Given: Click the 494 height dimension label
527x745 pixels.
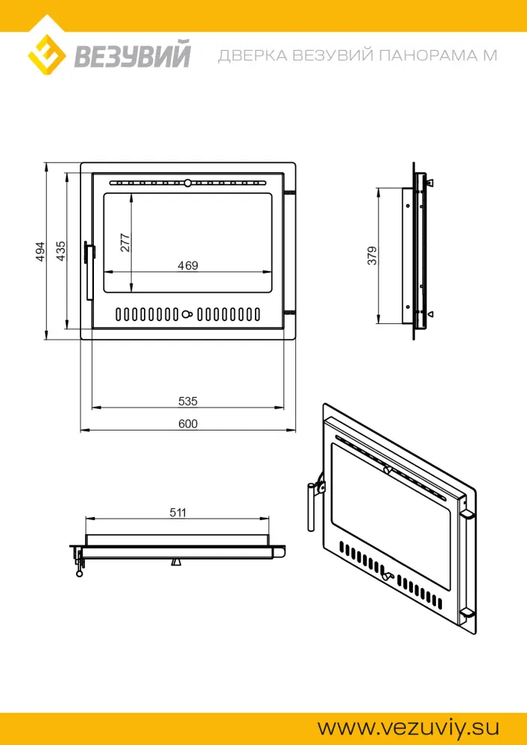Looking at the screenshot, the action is (40, 252).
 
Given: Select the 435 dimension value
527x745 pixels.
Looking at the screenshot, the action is (61, 251).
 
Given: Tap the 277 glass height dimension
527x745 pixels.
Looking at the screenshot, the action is (125, 243).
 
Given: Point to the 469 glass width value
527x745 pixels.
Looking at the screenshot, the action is (188, 266).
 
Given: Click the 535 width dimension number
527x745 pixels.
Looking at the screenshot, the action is (188, 402).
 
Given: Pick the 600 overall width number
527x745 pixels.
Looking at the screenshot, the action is (188, 424).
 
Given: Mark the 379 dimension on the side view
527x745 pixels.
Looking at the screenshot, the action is (372, 256).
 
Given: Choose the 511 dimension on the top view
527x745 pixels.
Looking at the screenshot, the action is (177, 513).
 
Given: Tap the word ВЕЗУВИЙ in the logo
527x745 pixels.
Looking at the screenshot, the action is (133, 55).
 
